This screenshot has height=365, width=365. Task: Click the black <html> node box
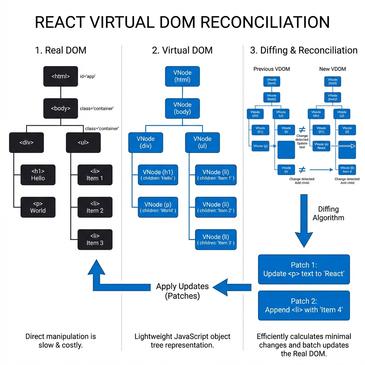pyautogui.click(x=61, y=76)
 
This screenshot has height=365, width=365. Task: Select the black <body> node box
pyautogui.click(x=61, y=108)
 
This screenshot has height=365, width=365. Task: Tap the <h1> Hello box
pyautogui.click(x=38, y=175)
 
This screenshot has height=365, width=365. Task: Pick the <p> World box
pyautogui.click(x=38, y=207)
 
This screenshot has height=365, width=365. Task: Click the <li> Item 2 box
pyautogui.click(x=95, y=207)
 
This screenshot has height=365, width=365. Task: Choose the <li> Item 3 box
pyautogui.click(x=95, y=239)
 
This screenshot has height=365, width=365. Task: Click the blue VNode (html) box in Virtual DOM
pyautogui.click(x=182, y=76)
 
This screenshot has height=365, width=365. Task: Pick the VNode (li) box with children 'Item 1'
pyautogui.click(x=216, y=175)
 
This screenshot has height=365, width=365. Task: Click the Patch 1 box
pyautogui.click(x=304, y=269)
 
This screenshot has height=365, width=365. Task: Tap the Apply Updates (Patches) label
pyautogui.click(x=182, y=291)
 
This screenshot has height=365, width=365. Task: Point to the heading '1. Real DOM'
pyautogui.click(x=61, y=50)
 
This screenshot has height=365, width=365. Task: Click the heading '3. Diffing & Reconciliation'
pyautogui.click(x=304, y=50)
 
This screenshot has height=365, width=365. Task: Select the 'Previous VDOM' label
pyautogui.click(x=272, y=69)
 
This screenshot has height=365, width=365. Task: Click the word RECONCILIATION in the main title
pyautogui.click(x=265, y=22)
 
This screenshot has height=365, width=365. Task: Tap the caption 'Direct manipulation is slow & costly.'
pyautogui.click(x=61, y=341)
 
